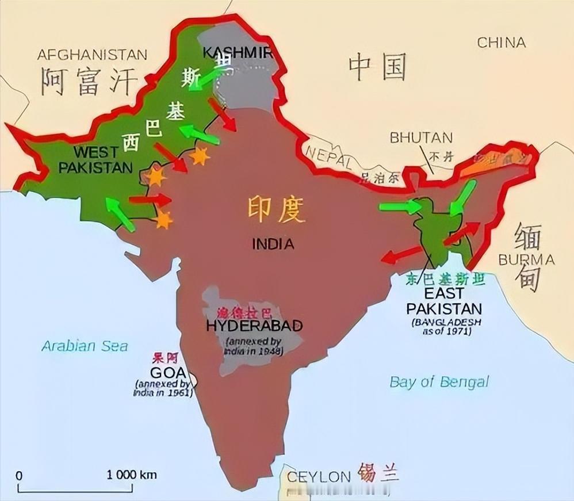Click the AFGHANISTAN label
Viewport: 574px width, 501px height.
92,55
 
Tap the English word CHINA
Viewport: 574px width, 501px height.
502,42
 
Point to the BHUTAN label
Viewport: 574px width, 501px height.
421,138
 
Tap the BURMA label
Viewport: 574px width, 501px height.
526,260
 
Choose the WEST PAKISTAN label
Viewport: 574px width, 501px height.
95,160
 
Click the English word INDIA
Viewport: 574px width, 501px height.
273,244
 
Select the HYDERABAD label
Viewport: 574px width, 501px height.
254,326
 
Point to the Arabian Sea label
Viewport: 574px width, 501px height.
85,346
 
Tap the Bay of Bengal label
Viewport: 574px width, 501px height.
439,381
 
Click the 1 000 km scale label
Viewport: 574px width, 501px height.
132,475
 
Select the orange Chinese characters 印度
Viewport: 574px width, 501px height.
275,209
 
